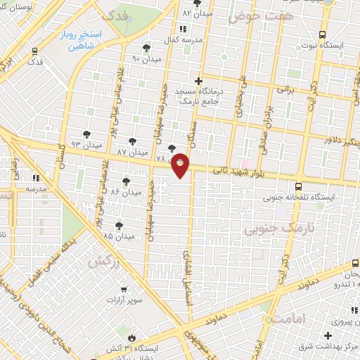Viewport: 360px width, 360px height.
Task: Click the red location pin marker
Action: (181, 165)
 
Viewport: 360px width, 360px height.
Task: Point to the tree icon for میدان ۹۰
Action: (146, 48)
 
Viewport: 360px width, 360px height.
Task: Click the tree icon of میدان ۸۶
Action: (126, 181)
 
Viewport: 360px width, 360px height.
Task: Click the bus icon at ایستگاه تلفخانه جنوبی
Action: (299, 186)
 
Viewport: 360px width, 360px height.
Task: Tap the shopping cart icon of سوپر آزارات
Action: (122, 289)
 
